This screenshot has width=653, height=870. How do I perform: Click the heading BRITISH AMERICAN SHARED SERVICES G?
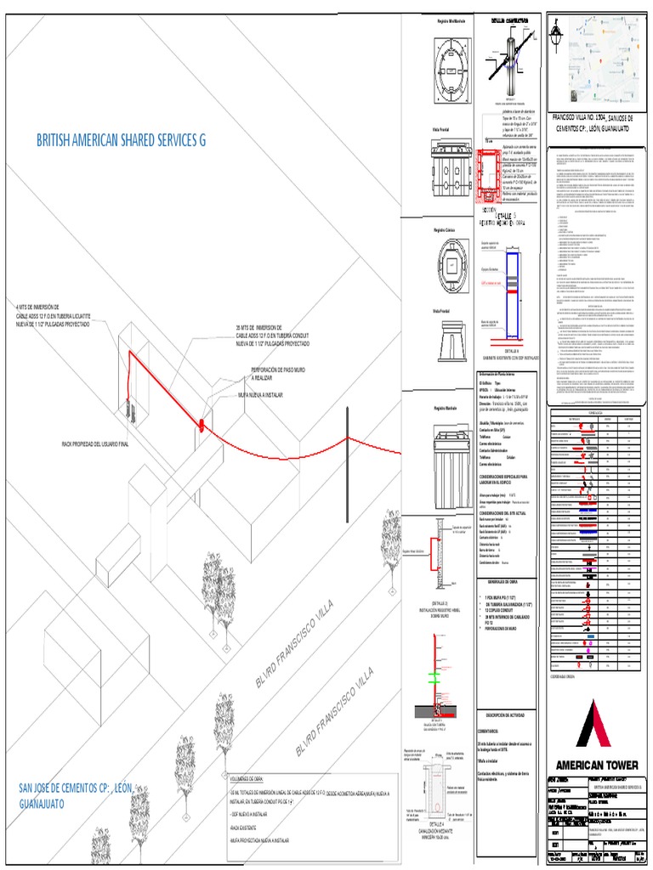coord(122,140)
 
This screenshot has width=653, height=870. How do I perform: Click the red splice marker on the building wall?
coord(202,423)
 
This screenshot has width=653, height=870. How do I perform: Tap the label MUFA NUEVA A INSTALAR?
coord(261,396)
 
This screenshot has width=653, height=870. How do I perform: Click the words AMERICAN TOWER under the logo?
coord(597,764)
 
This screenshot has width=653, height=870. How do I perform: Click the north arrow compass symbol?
coord(557,37)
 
